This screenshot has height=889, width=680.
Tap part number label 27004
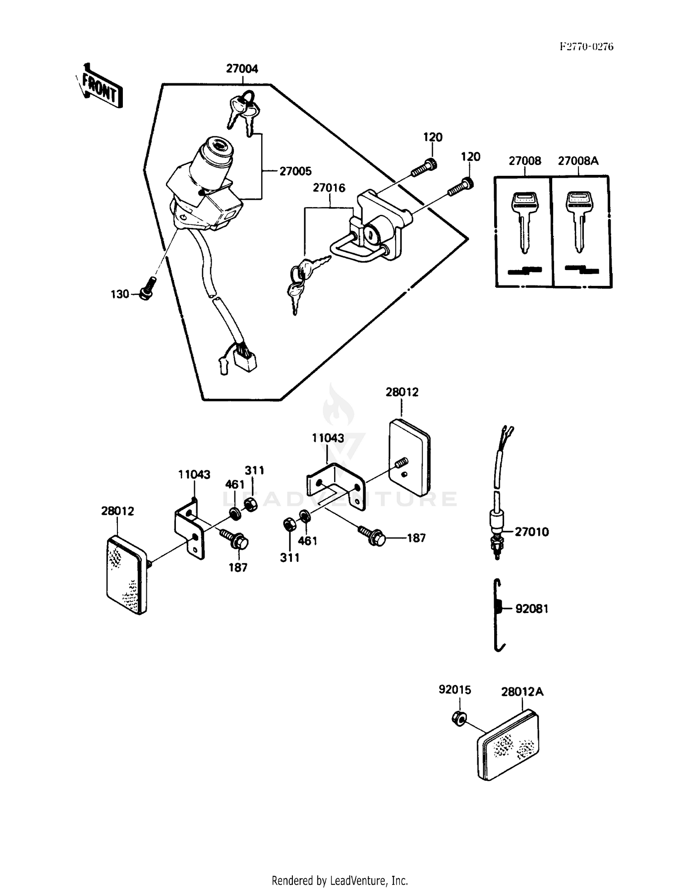tap(242, 69)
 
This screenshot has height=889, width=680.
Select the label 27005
tap(295, 171)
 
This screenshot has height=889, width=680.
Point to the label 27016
tap(329, 188)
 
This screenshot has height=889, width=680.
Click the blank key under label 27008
tap(525, 222)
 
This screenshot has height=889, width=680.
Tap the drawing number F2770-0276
tap(586, 47)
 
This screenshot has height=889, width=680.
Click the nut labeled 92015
tap(460, 719)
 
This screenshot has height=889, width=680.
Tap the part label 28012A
tap(522, 692)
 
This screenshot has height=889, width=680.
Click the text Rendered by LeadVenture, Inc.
tap(340, 881)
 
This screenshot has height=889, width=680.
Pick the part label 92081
tap(532, 609)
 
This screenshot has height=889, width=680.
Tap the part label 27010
tap(531, 531)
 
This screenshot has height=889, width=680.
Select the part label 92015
tap(455, 690)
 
